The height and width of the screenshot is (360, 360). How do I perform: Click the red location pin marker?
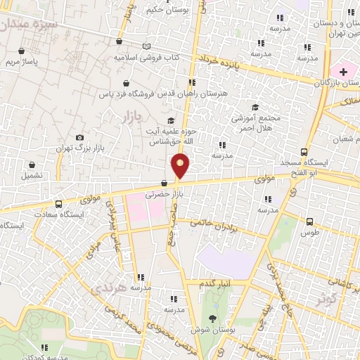(x=181, y=165)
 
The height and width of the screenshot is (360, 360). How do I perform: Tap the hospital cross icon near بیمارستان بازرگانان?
(x=343, y=72)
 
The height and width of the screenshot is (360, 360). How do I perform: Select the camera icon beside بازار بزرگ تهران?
(x=79, y=137)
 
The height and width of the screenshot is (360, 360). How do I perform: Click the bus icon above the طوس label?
(x=309, y=221)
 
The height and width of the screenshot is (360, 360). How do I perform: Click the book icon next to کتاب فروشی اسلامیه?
(x=146, y=46)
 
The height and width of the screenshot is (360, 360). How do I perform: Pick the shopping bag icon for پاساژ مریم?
(x=22, y=51)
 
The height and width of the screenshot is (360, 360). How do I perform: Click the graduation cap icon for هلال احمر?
(x=255, y=107)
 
